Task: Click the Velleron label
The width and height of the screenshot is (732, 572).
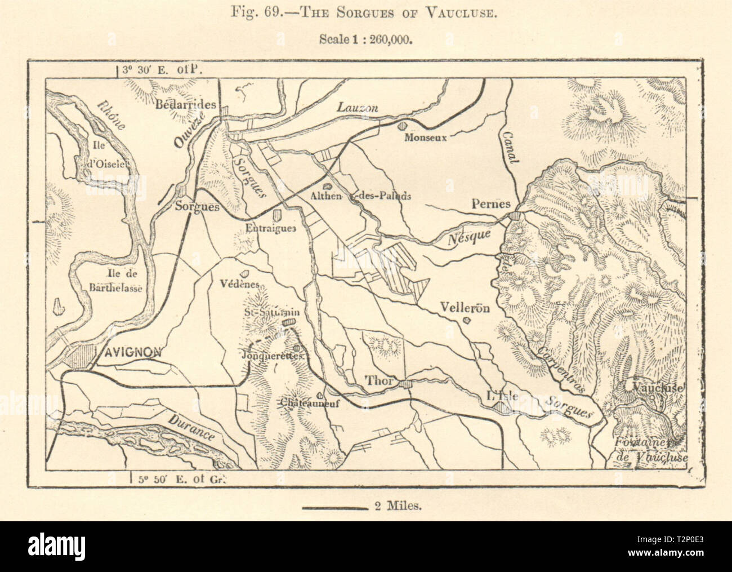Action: point(466,308)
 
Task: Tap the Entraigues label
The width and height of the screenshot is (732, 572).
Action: point(270,228)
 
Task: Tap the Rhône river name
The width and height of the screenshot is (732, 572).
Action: point(108,115)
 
